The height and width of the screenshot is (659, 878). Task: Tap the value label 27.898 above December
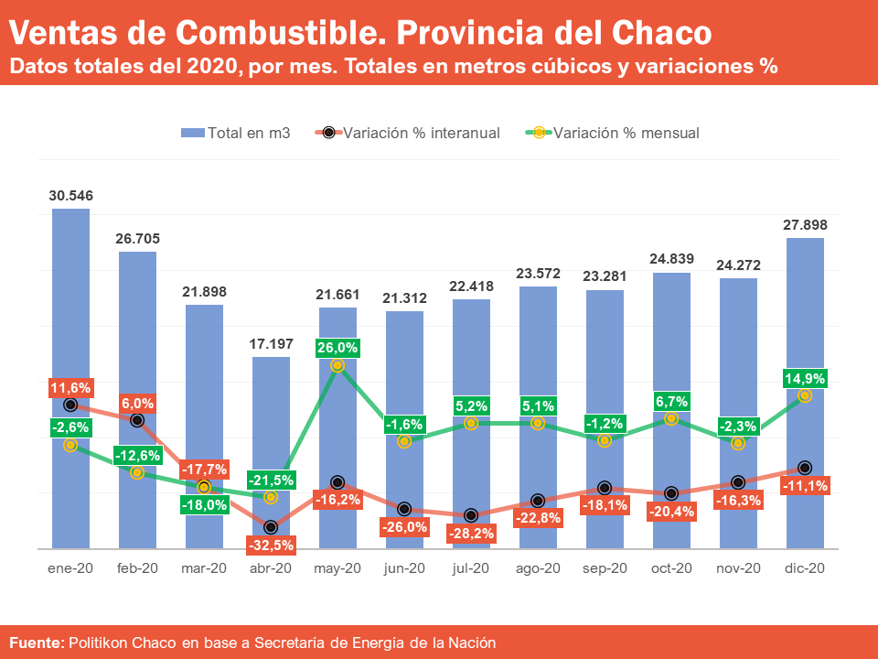tap(805, 225)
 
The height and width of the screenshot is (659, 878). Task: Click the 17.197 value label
tap(271, 344)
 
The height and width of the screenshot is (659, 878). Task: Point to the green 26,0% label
tap(337, 348)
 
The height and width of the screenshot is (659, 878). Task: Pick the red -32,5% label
tap(271, 545)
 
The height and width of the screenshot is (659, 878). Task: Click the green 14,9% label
tap(805, 378)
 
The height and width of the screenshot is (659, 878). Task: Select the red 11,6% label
tap(70, 388)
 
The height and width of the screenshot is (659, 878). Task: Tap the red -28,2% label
tap(471, 533)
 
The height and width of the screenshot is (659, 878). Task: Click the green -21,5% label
tap(271, 480)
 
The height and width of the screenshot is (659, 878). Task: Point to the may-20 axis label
tap(337, 568)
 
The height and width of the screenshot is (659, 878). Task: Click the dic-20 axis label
tap(805, 568)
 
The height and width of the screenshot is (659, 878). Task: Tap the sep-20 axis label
tap(605, 568)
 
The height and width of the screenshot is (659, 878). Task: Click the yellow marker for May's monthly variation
tap(337, 365)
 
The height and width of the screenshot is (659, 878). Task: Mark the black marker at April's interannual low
tap(271, 527)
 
